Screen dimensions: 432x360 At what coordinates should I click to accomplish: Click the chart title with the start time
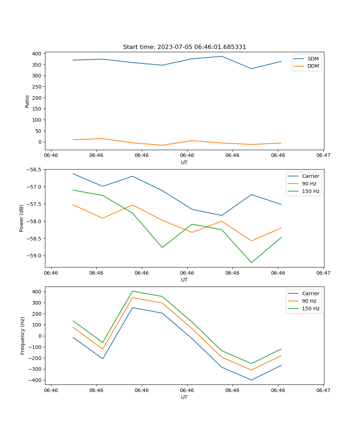click(x=184, y=47)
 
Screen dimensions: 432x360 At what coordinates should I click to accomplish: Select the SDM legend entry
click(x=313, y=59)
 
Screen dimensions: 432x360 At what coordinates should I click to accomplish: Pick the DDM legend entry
click(x=313, y=66)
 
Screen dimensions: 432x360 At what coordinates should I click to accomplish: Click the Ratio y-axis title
click(x=27, y=102)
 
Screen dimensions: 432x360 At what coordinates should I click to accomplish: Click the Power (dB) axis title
click(x=22, y=218)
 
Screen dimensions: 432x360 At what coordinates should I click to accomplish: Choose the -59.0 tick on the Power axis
click(x=35, y=256)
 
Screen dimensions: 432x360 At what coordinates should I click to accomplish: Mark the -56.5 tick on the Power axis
click(x=35, y=170)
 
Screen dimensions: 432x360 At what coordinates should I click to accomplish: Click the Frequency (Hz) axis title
click(x=23, y=336)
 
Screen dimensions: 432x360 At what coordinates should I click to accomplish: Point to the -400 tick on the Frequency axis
click(x=36, y=380)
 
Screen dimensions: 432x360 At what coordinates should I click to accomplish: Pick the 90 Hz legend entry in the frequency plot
click(x=309, y=301)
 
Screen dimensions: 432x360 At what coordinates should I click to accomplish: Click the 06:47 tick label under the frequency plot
click(x=323, y=390)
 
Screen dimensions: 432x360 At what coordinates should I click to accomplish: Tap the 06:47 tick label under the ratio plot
click(x=323, y=156)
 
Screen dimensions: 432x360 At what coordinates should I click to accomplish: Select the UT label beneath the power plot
click(x=184, y=280)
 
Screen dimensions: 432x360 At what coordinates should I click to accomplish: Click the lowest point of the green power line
click(x=251, y=262)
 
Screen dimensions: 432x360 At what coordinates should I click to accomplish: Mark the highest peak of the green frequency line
click(x=132, y=291)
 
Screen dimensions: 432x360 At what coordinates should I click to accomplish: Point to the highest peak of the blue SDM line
click(x=221, y=56)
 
